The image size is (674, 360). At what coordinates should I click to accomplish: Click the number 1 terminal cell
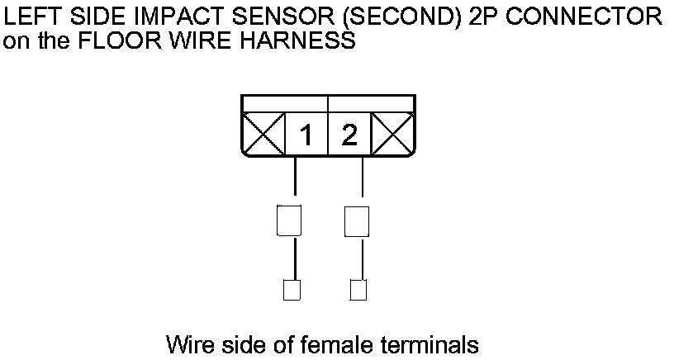(x=306, y=135)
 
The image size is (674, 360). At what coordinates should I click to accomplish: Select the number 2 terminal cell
(x=349, y=135)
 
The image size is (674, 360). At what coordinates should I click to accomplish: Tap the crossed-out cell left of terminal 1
(x=263, y=135)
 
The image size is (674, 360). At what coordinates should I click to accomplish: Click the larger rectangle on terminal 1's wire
(x=288, y=220)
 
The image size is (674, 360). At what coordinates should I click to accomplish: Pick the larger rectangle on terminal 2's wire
(x=355, y=220)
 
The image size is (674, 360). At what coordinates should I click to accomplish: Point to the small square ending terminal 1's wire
(x=292, y=290)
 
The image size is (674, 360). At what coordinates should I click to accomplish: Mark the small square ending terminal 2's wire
(x=358, y=290)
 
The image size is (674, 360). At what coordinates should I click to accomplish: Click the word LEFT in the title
(x=28, y=17)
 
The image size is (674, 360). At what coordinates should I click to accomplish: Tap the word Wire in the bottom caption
(x=186, y=343)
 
